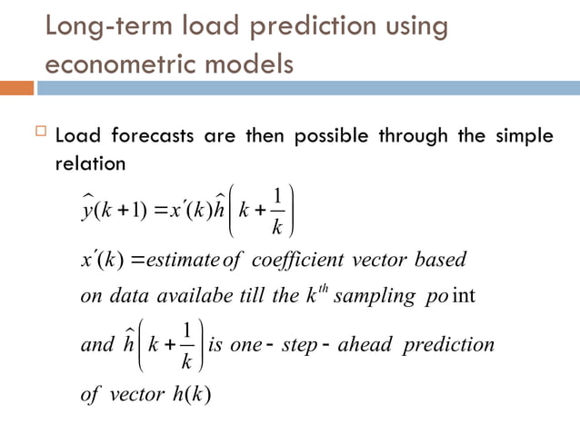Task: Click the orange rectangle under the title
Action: click(17, 88)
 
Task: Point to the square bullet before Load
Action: click(38, 136)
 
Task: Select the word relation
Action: click(89, 165)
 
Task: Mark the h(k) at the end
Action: click(192, 397)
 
